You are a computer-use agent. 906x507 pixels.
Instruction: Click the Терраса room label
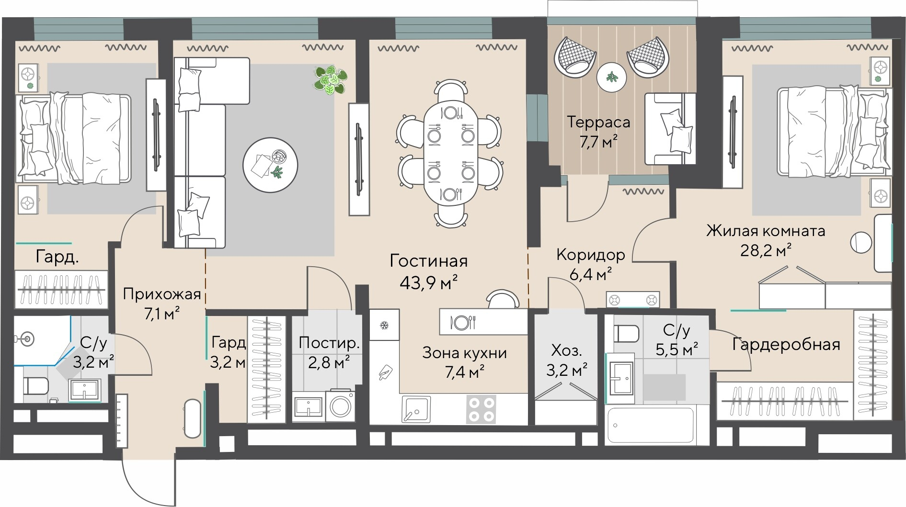tap(598, 122)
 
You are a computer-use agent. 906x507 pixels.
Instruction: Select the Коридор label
tap(591, 255)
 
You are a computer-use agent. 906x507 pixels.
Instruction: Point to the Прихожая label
tap(161, 293)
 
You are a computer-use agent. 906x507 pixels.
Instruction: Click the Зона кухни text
tap(464, 353)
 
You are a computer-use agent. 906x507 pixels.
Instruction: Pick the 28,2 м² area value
tap(765, 250)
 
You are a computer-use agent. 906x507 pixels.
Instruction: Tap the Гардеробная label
tap(786, 344)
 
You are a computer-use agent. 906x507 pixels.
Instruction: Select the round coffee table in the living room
tap(270, 165)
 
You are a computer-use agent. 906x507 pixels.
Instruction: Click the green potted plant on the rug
tap(331, 79)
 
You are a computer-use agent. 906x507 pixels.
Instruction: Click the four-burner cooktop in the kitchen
tap(482, 409)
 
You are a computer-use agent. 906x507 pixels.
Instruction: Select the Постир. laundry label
tap(329, 343)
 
